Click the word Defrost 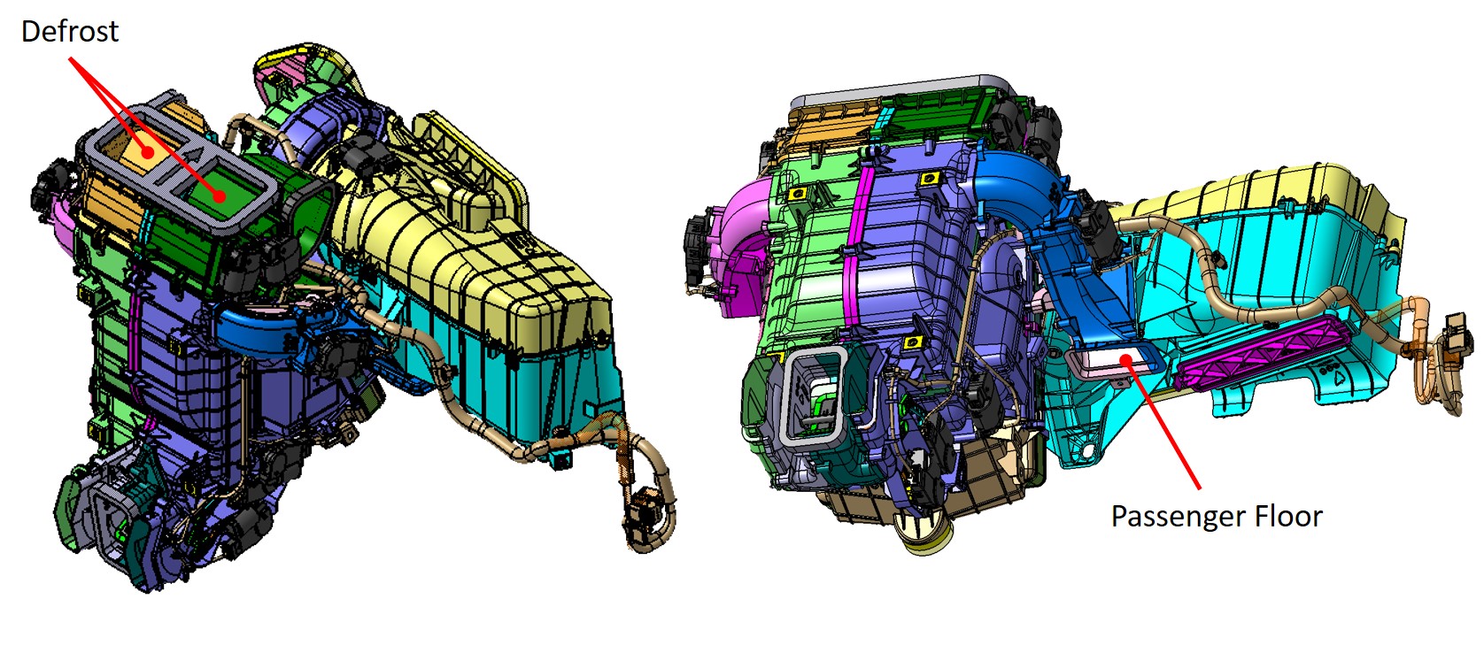[x=70, y=31]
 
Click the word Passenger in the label [x=1167, y=518]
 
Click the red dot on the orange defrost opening [x=149, y=152]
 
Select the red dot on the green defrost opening [x=219, y=196]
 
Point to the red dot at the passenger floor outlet [x=1125, y=359]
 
